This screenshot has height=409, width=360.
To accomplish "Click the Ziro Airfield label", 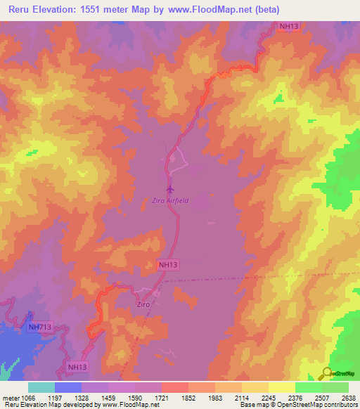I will (x=170, y=200).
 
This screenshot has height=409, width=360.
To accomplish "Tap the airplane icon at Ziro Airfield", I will (x=169, y=188).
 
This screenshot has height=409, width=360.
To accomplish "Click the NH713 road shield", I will (x=39, y=327).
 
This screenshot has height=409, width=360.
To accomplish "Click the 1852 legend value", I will (x=188, y=398).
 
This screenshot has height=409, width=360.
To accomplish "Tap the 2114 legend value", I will (x=242, y=398).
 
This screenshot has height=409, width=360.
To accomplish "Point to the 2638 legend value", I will (x=349, y=398).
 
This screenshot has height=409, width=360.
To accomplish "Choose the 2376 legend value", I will (x=295, y=398).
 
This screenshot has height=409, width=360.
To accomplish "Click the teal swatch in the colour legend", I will (x=41, y=387).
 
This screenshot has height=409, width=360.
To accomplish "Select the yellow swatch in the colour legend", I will (x=281, y=387).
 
